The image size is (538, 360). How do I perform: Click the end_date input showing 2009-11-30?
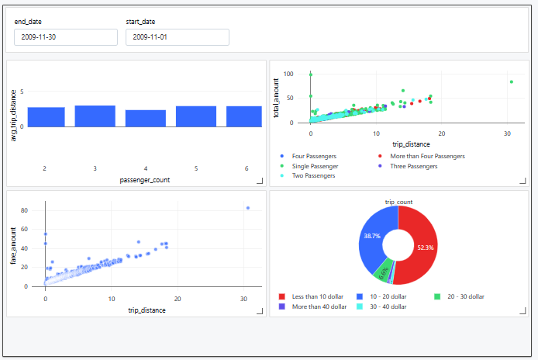pos(65,37)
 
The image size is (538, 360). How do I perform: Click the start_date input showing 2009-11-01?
pos(177,37)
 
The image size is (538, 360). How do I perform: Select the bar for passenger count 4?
pos(146,118)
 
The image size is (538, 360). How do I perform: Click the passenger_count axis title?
pos(145,180)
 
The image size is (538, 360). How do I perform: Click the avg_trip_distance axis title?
pos(14,115)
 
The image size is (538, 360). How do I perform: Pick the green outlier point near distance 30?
pos(511,81)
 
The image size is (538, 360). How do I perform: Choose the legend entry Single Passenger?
pos(314,166)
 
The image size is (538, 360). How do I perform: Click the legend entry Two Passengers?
pos(313,176)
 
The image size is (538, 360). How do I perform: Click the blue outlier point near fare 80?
pos(248,208)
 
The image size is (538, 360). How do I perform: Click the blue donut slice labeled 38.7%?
pos(373,237)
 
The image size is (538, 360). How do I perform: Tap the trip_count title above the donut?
pos(398,202)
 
